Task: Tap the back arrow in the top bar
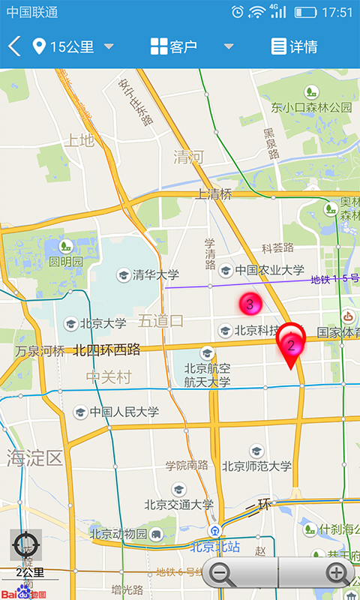click(x=13, y=46)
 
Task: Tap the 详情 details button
click(x=294, y=46)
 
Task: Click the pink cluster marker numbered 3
click(x=250, y=304)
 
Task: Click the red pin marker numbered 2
click(x=291, y=345)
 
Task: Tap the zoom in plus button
click(x=337, y=574)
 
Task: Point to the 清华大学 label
click(x=155, y=274)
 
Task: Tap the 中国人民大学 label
click(x=124, y=412)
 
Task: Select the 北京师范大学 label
click(x=256, y=466)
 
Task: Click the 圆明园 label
click(x=66, y=262)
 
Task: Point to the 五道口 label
click(x=160, y=321)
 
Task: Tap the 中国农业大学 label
click(x=269, y=270)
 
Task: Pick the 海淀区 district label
click(x=34, y=457)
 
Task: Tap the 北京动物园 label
click(x=118, y=534)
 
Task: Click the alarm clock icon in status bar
click(x=238, y=12)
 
